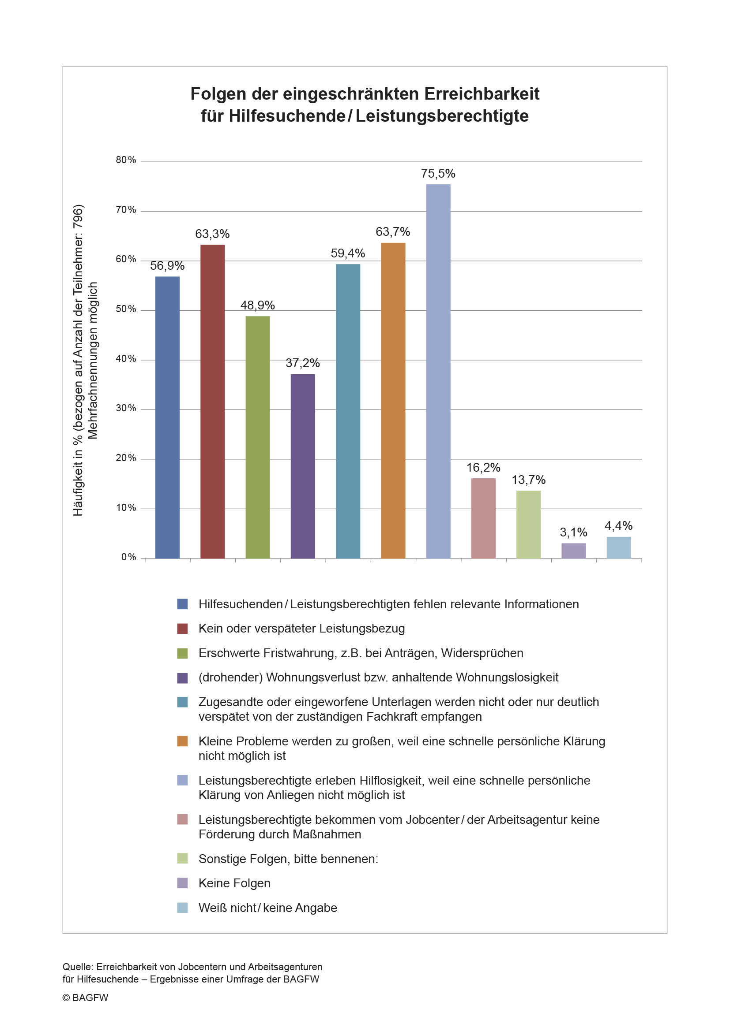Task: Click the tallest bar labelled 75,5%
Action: pyautogui.click(x=438, y=371)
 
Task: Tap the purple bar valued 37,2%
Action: pyautogui.click(x=302, y=466)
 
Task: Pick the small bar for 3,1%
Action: pyautogui.click(x=573, y=551)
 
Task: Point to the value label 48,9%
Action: pyautogui.click(x=258, y=305)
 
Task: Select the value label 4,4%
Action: pyautogui.click(x=618, y=525)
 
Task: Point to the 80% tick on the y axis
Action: pyautogui.click(x=126, y=160)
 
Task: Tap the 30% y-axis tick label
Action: pyautogui.click(x=126, y=408)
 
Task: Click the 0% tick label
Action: pyautogui.click(x=128, y=557)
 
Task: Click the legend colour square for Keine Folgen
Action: pyautogui.click(x=183, y=883)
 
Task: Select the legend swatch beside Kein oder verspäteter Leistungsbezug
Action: pyautogui.click(x=183, y=628)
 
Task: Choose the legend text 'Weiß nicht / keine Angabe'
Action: pyautogui.click(x=268, y=908)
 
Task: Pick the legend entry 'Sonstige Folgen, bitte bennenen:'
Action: pyautogui.click(x=289, y=859)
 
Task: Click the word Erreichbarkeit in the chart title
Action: pyautogui.click(x=482, y=94)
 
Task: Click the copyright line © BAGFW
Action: pyautogui.click(x=86, y=998)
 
